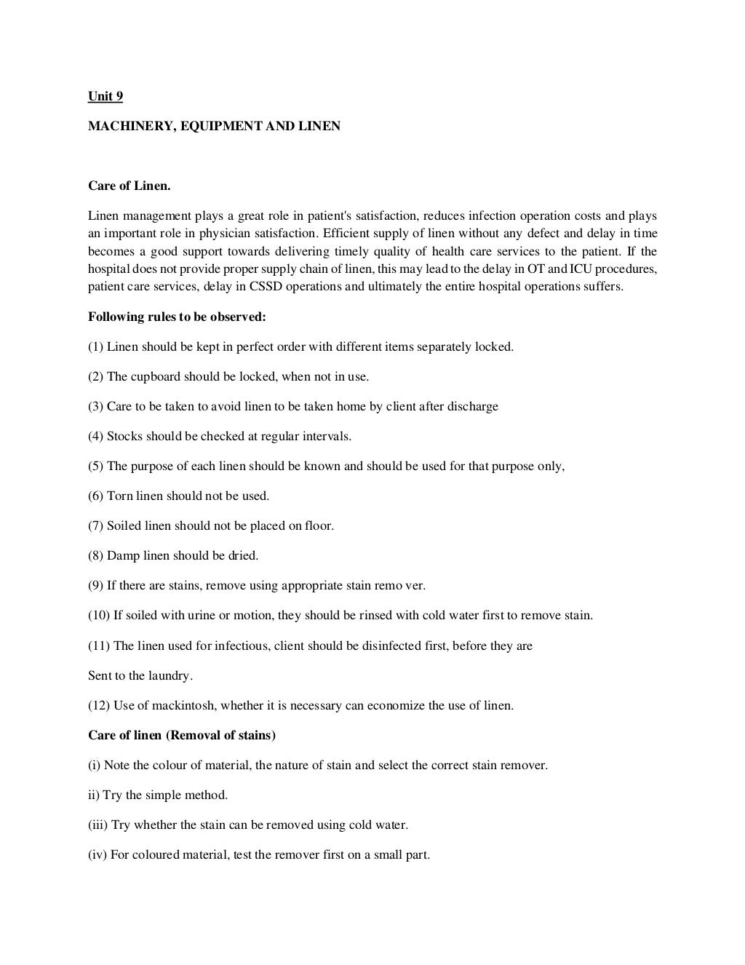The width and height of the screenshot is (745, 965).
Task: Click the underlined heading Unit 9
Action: [x=105, y=96]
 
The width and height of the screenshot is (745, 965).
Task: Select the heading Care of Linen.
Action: [x=130, y=186]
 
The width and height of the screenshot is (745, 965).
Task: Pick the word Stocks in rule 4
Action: [x=124, y=436]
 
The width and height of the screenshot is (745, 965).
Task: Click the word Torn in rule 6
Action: [x=119, y=496]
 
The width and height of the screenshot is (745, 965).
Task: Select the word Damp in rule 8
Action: [x=121, y=555]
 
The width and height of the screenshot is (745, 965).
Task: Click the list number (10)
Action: [x=99, y=615]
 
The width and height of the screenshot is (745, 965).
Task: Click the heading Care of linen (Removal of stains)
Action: [x=182, y=735]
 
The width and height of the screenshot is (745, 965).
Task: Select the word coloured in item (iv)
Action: [x=154, y=854]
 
